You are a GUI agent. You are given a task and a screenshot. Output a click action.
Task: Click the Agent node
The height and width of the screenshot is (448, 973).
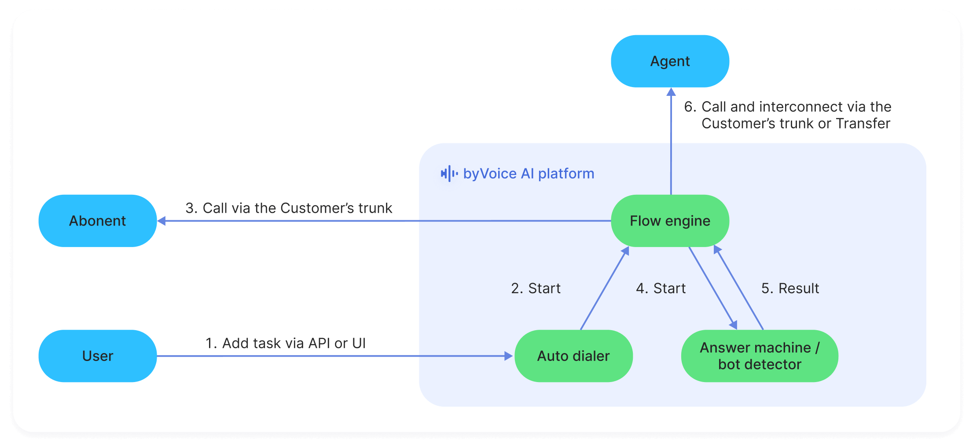[670, 61]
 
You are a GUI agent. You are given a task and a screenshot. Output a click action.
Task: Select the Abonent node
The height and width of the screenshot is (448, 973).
[98, 221]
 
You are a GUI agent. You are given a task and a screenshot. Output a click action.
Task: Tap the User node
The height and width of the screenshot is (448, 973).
[98, 356]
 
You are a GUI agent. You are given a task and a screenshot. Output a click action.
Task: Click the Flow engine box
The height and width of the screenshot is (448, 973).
[670, 221]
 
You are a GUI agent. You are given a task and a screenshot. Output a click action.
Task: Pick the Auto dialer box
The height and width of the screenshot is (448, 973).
[573, 356]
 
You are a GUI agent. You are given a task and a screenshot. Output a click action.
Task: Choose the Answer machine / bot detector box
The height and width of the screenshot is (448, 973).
[760, 356]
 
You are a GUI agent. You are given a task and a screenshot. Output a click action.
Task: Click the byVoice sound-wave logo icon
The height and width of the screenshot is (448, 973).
[449, 174]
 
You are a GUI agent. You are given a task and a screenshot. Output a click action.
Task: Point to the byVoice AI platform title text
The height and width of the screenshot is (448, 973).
[529, 174]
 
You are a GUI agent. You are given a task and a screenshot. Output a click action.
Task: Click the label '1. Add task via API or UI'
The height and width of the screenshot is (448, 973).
[286, 343]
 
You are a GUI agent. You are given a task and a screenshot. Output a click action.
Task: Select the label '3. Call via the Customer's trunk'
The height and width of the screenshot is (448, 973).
[289, 208]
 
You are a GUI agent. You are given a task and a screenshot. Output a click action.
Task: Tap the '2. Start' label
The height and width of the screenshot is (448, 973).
[536, 288]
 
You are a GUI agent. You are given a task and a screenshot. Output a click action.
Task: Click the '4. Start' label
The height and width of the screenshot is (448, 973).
[661, 288]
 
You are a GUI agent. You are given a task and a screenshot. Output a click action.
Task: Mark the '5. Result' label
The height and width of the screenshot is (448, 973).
[790, 288]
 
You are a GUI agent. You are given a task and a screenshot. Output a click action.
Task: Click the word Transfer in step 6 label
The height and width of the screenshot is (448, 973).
[863, 124]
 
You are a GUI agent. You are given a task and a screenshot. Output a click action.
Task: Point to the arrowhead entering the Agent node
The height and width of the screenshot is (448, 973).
[671, 92]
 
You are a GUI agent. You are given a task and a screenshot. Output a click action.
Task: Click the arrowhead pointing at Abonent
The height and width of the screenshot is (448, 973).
[162, 221]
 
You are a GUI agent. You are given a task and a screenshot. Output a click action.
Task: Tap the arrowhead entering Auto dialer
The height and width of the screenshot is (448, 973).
[509, 356]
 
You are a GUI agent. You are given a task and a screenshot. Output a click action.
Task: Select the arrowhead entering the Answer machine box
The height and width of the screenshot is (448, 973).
[733, 325]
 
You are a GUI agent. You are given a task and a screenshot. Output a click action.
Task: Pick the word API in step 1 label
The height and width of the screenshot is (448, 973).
[319, 343]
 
